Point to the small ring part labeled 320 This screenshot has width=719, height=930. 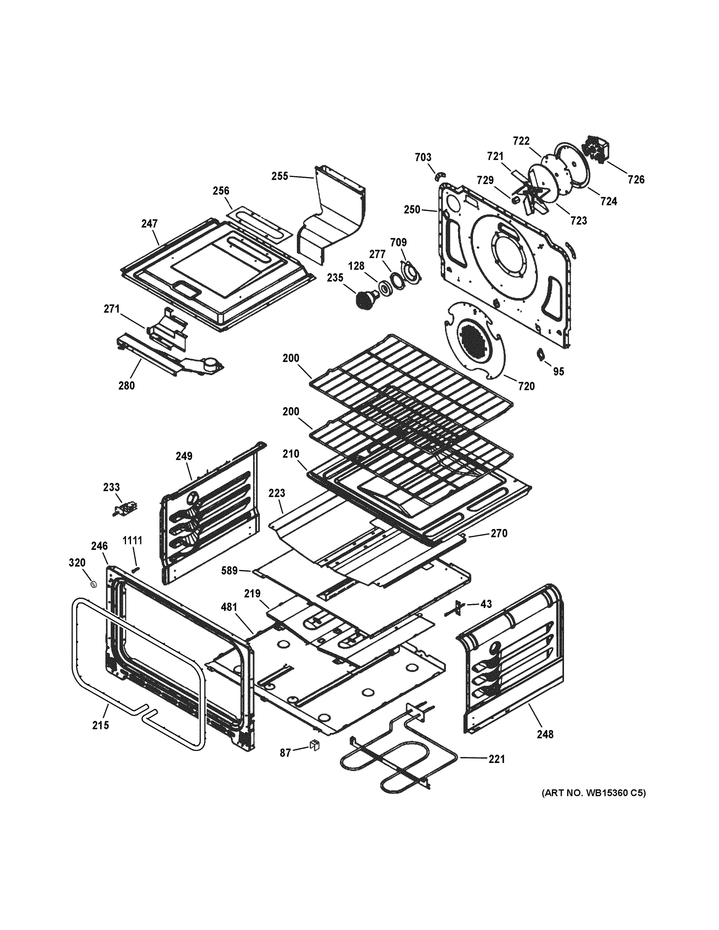[93, 584]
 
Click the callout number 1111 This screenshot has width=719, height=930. [133, 541]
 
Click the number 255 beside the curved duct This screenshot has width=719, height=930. [280, 176]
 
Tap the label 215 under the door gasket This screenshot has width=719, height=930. [100, 725]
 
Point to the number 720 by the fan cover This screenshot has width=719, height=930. [526, 386]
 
